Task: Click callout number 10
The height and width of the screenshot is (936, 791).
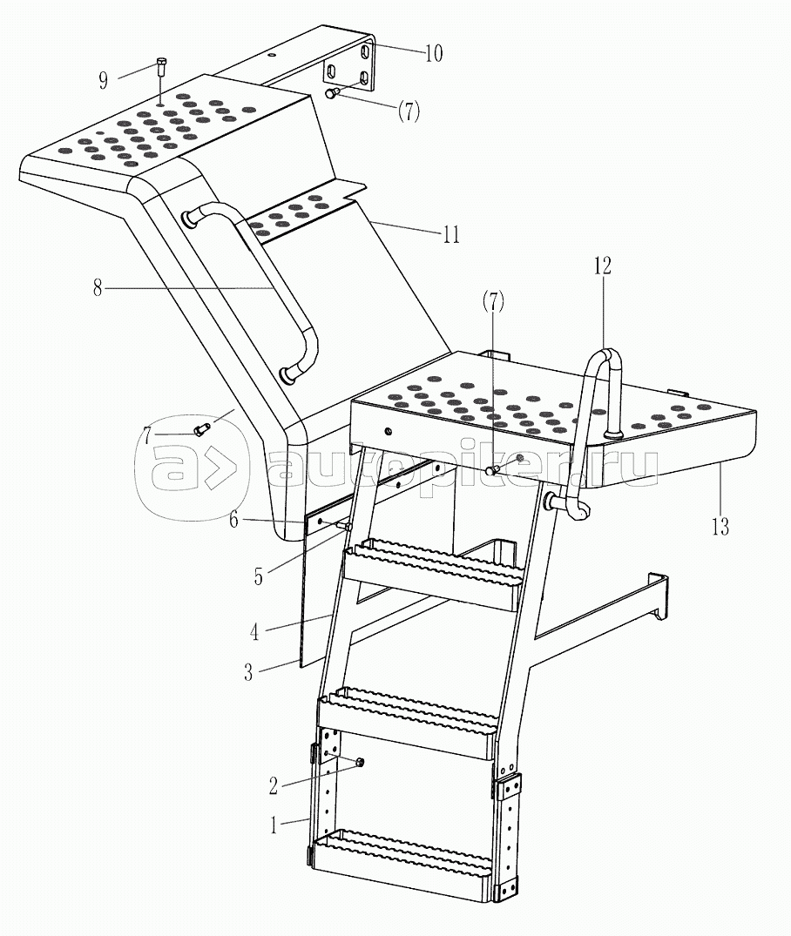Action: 434,53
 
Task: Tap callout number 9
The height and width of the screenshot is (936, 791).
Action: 104,80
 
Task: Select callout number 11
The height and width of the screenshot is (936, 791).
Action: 451,234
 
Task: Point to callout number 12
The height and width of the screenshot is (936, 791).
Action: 602,266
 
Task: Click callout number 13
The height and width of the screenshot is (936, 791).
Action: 720,526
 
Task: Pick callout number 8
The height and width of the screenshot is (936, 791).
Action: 98,288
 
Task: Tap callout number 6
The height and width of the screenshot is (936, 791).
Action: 233,520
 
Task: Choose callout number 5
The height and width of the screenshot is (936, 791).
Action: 258,577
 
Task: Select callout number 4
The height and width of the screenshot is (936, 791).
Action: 254,631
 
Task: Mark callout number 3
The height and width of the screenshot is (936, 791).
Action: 248,673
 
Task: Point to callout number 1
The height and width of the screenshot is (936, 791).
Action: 274,825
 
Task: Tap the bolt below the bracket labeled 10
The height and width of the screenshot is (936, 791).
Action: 332,92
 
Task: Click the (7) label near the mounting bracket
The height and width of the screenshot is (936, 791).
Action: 409,111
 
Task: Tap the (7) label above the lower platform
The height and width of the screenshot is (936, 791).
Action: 493,302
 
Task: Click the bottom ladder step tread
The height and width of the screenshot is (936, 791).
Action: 402,851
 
